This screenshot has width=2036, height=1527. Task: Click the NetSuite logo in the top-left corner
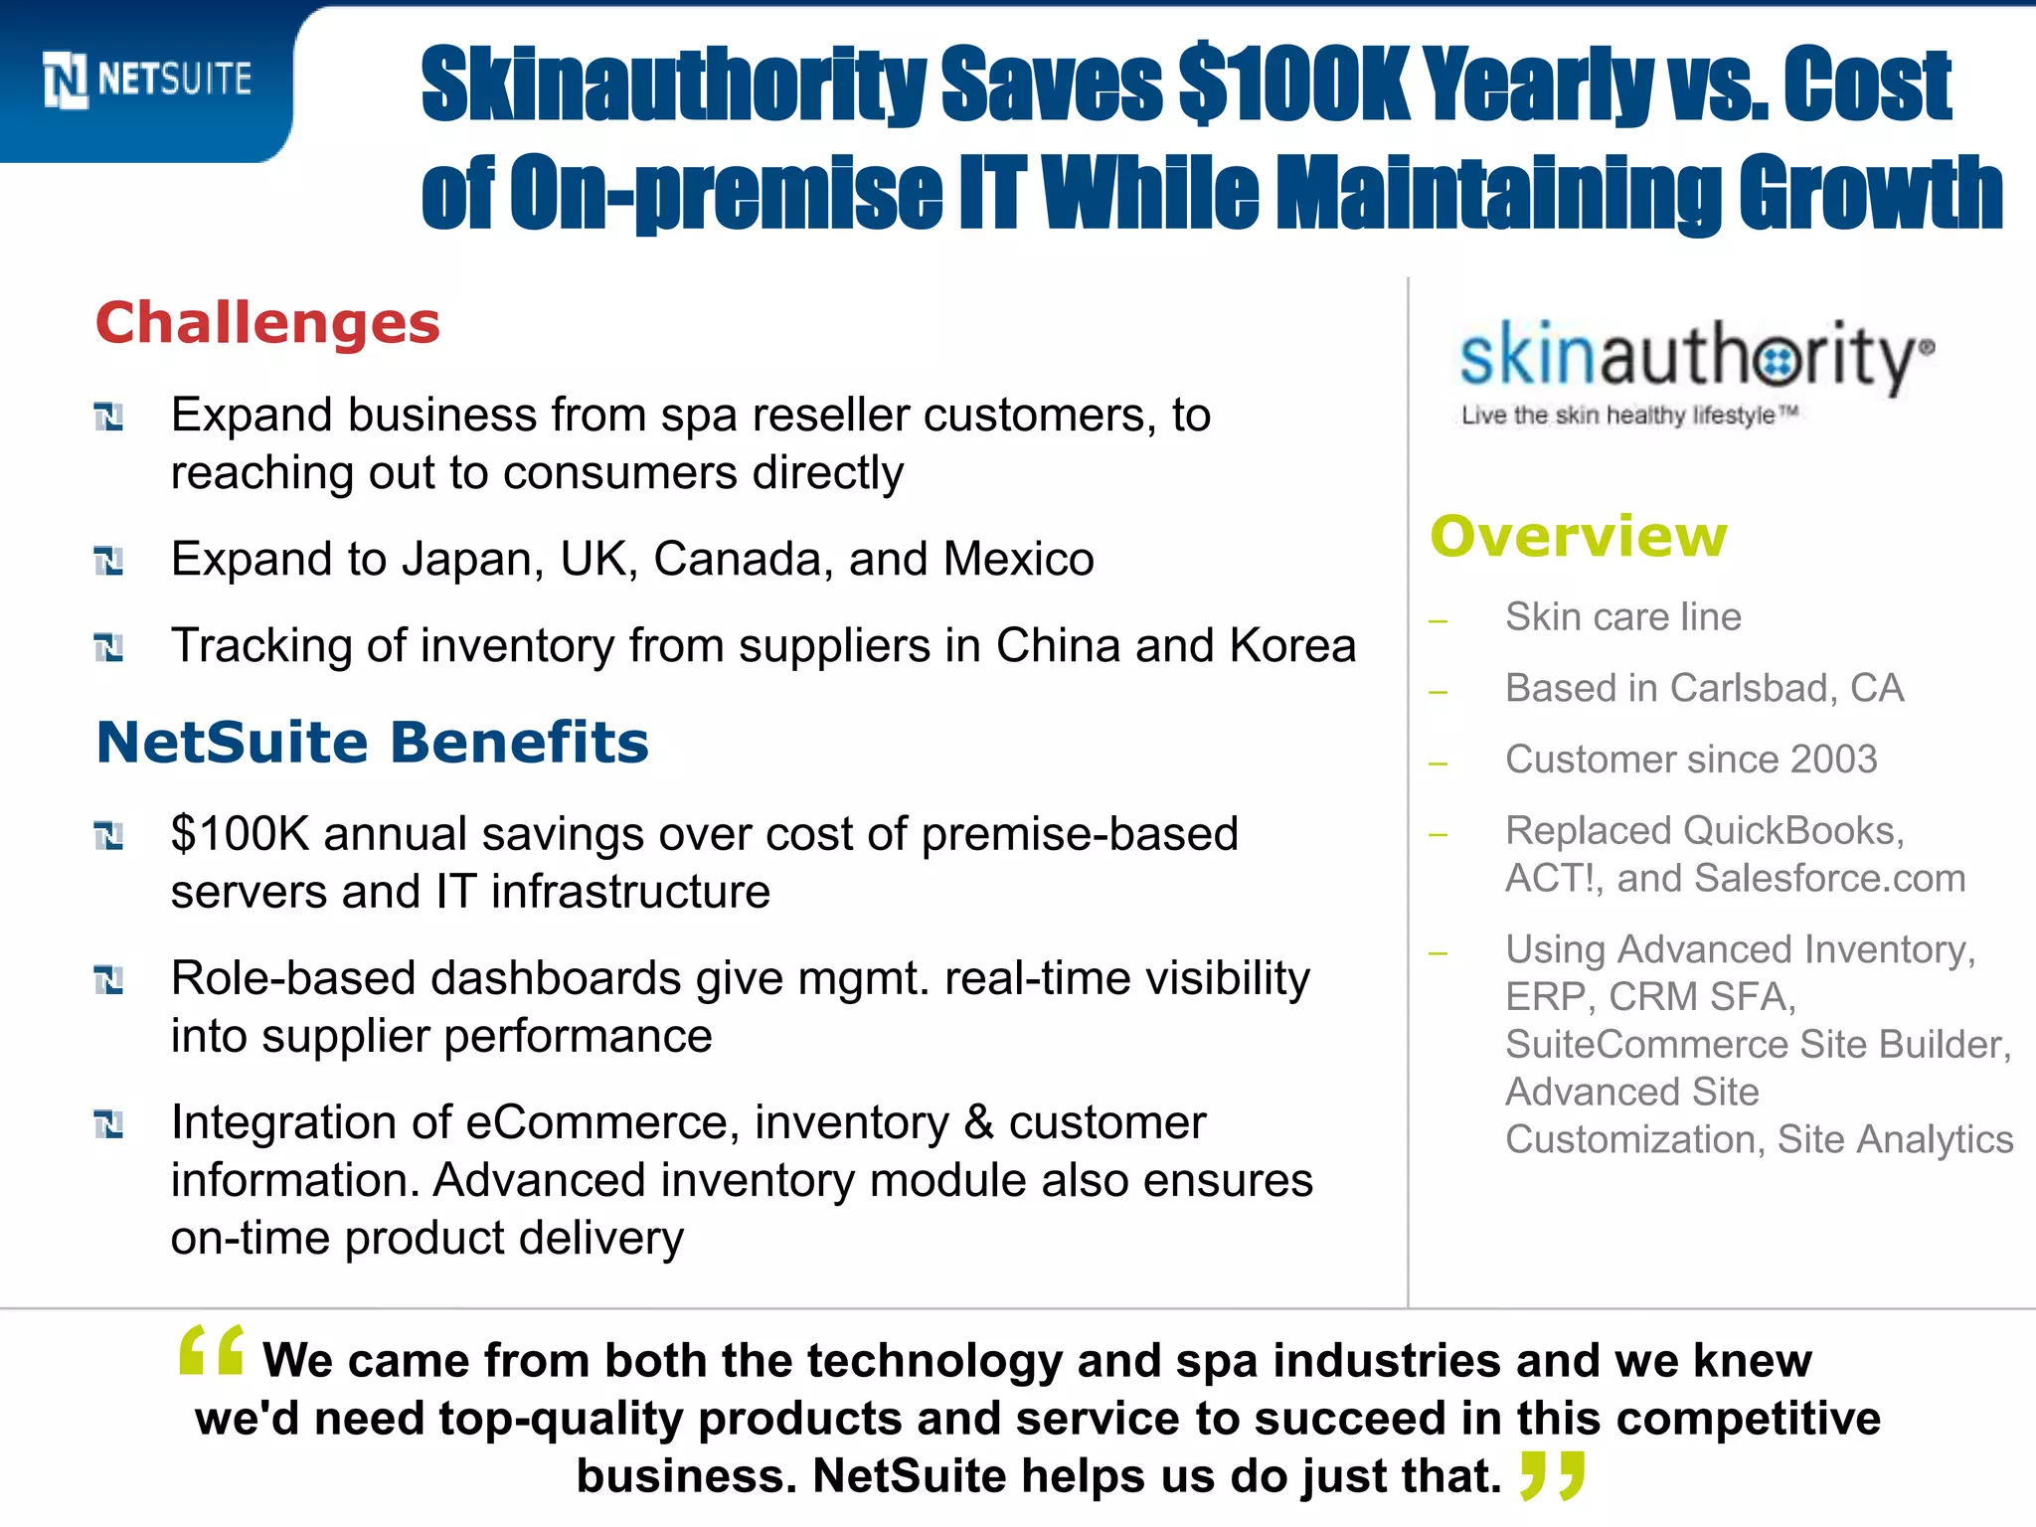[147, 80]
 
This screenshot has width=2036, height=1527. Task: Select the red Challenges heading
[267, 323]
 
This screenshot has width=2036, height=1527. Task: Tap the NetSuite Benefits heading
[372, 743]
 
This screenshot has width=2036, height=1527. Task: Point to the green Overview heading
[1579, 537]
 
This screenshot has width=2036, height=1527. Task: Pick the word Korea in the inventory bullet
[1292, 645]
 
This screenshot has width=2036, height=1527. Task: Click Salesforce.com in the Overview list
[1829, 879]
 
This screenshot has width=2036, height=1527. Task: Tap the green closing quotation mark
[1553, 1475]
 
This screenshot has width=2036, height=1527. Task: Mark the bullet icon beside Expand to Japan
[108, 561]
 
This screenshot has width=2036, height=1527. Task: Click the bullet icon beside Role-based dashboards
[108, 980]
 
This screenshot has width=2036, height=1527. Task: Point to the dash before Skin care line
[1438, 621]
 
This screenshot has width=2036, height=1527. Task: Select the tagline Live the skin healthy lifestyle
[1628, 416]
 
